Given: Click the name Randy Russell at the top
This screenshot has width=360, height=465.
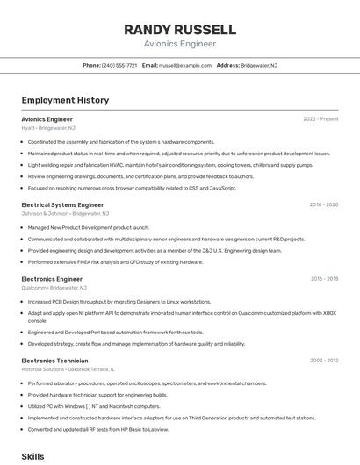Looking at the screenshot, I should tap(180, 29).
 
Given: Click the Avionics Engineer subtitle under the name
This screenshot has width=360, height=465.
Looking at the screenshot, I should tap(180, 44).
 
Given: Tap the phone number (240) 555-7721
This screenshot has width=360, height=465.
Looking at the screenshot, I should tap(119, 65).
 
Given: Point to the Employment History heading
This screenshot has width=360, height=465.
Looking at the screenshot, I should tap(65, 100).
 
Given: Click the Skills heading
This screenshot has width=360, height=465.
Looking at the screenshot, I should tap(32, 457).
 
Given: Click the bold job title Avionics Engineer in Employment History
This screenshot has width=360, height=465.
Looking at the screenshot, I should tap(47, 118).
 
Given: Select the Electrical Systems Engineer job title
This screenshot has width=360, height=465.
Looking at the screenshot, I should tap(62, 204).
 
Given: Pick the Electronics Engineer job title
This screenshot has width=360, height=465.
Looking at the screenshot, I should tap(52, 279).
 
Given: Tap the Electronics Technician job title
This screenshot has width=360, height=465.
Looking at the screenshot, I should tap(54, 360).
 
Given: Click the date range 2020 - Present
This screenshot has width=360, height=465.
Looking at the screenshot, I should tap(320, 118).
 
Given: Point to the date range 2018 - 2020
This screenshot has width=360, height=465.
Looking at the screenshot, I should tap(323, 204).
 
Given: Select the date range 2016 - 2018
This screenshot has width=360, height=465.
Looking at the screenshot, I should tap(324, 279).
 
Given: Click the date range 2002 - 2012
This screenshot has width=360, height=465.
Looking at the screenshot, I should tap(323, 360).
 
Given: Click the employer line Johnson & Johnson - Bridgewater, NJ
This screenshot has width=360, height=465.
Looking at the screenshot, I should tap(65, 213).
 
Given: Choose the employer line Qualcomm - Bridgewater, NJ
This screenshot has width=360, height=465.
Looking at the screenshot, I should tap(54, 288).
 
